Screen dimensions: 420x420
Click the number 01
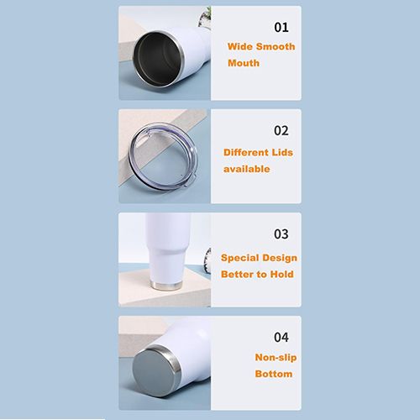(281, 28)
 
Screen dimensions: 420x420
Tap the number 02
(281, 131)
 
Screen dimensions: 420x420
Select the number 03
(281, 234)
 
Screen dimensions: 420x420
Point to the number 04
(281, 338)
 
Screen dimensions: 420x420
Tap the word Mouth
(244, 63)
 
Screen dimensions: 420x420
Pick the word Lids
(283, 152)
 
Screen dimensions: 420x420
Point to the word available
(247, 169)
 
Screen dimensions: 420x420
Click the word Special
(236, 258)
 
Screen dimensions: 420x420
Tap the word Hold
(282, 275)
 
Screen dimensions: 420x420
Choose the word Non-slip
(276, 358)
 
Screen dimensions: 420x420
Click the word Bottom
(274, 374)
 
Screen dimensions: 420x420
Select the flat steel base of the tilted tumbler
(154, 372)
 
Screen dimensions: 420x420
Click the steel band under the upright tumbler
(165, 286)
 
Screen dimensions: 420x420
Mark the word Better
(236, 275)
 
